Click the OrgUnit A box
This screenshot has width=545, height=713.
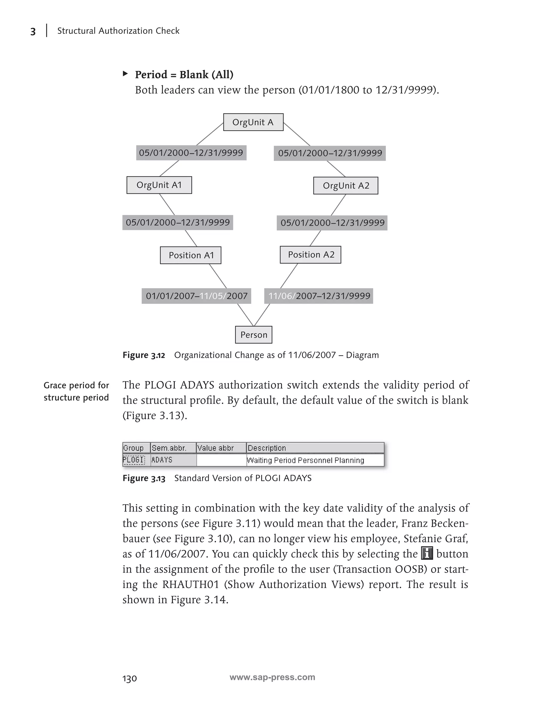pos(253,122)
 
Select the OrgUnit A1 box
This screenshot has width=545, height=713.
pos(159,185)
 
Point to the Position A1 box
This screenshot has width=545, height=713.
pos(191,255)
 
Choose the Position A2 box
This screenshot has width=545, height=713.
pos(311,255)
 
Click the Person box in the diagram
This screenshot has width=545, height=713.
pos(254,335)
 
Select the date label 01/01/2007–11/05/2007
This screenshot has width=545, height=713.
pos(196,296)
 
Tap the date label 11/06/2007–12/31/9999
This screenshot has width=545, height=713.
pos(319,296)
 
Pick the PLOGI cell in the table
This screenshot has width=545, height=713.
pos(134,460)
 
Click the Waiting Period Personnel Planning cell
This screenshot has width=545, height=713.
pos(305,460)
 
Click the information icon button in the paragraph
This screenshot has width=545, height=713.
pos(427,553)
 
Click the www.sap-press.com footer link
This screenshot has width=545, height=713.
pos(272,677)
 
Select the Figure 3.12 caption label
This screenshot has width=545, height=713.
pos(144,355)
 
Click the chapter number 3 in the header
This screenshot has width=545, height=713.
pos(33,31)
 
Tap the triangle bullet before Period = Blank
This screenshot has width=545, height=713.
pos(125,74)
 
